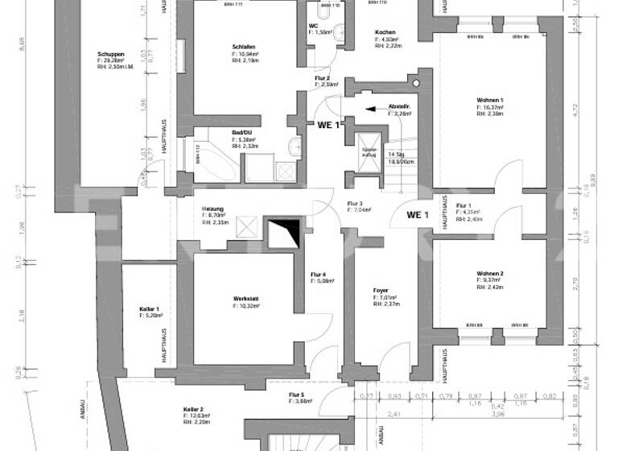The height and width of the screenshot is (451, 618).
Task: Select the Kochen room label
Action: coord(385,32)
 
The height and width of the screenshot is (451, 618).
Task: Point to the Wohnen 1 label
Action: coord(490,100)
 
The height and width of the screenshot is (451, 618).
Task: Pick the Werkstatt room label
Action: coord(243,300)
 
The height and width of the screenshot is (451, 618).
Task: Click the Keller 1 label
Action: coord(150,309)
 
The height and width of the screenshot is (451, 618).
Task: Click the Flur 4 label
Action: coord(318,275)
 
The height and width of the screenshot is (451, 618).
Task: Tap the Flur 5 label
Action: coord(296,395)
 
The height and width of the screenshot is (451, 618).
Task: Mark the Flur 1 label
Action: coord(463,206)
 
